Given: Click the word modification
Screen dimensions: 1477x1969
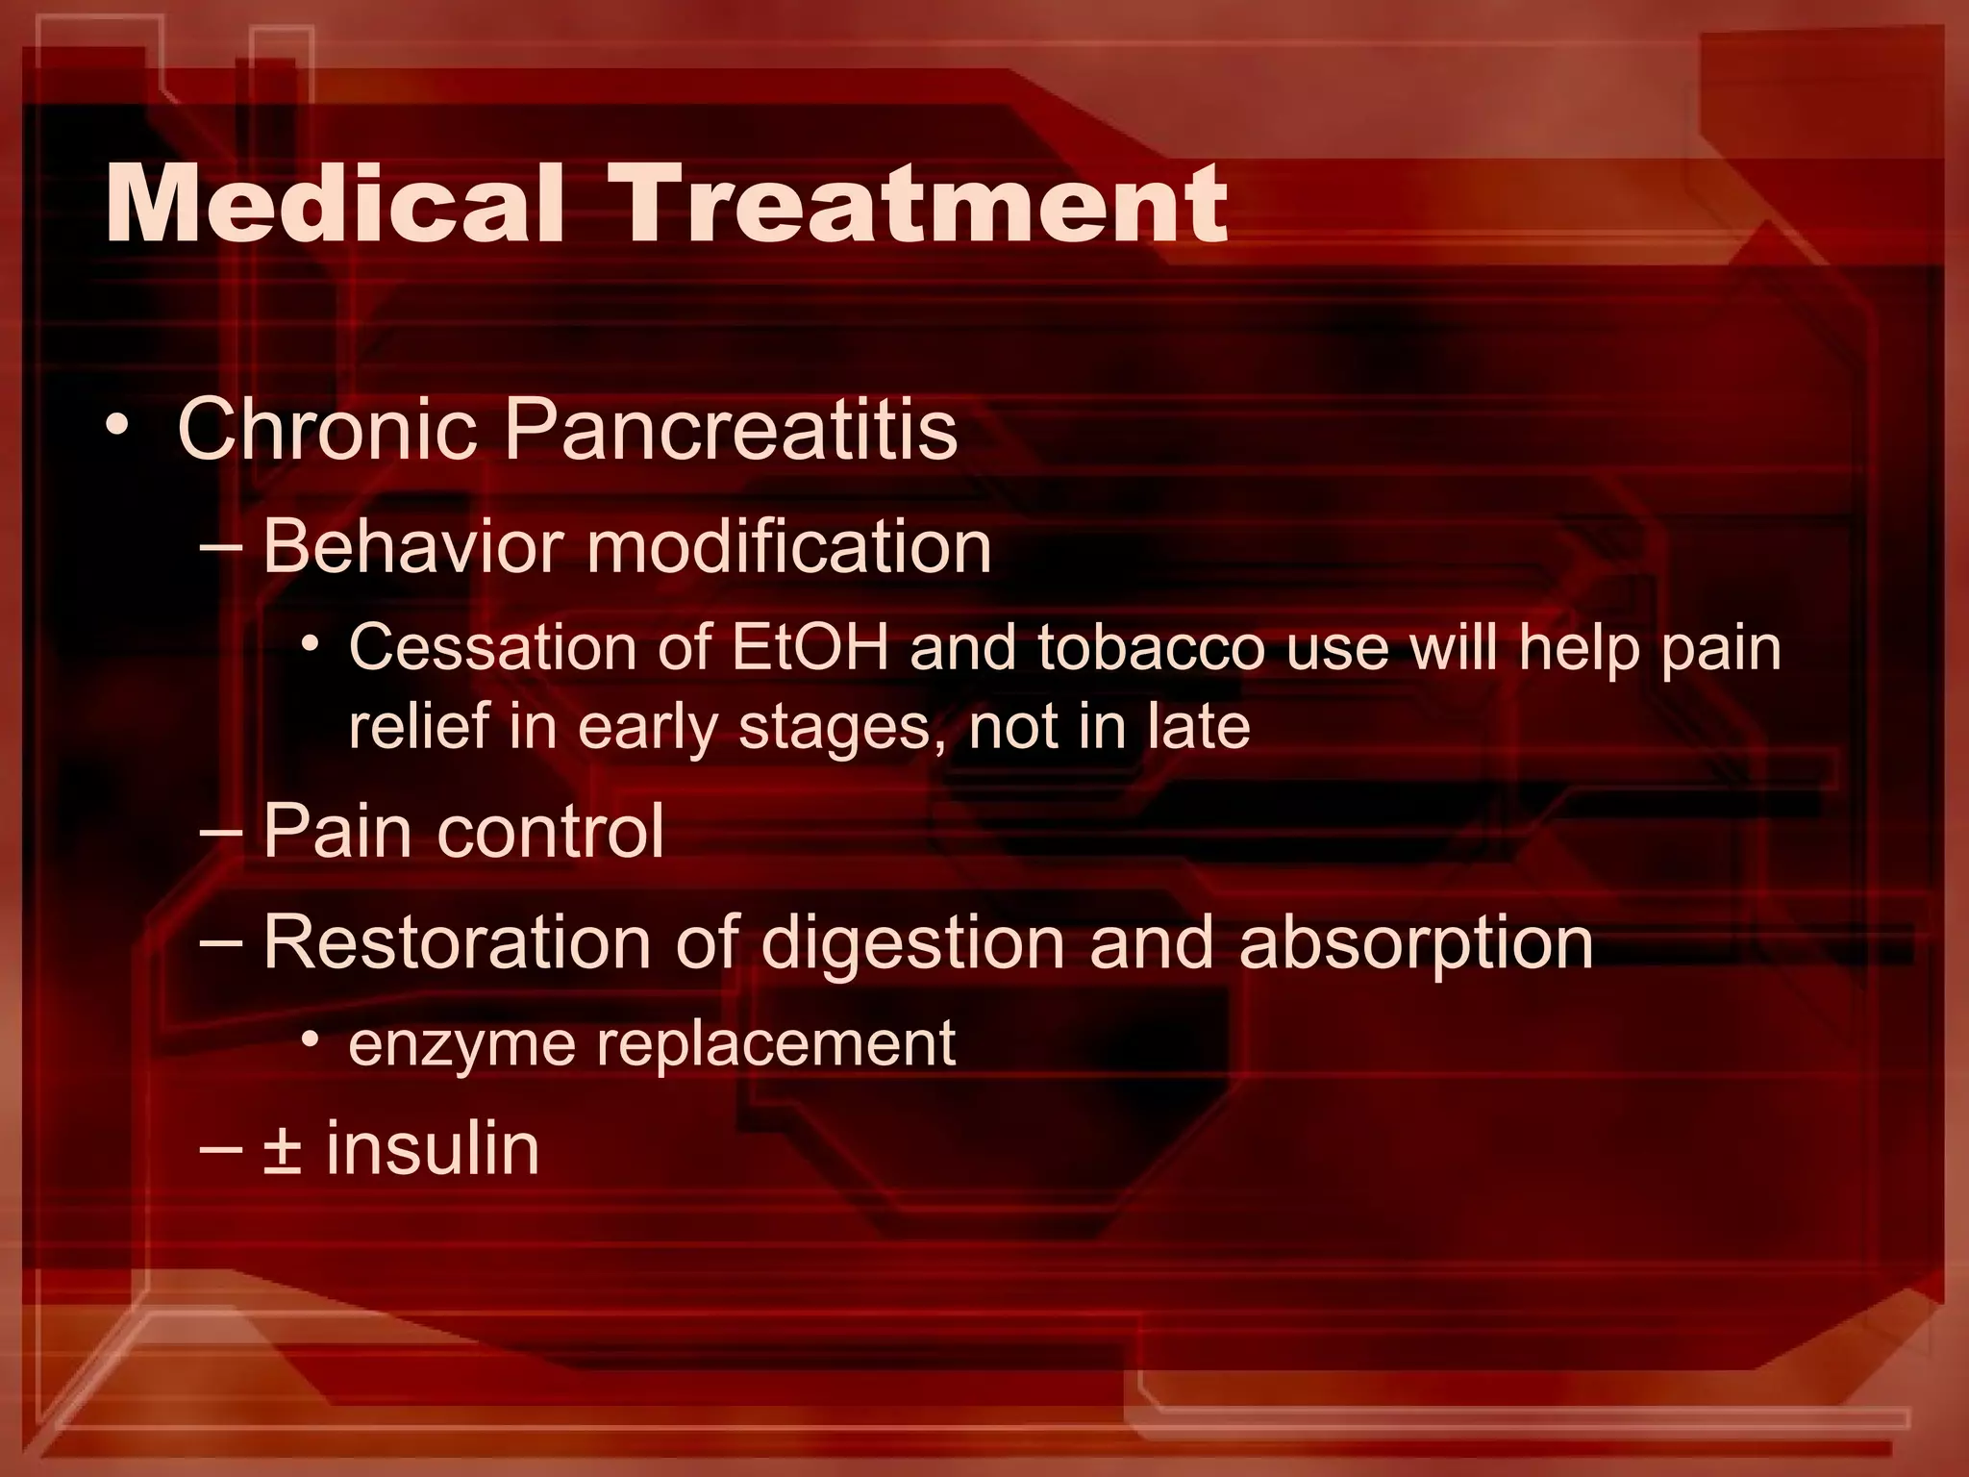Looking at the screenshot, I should tap(789, 546).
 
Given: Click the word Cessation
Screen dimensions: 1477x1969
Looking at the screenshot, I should tap(491, 647).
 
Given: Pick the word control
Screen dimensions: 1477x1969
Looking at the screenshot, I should tap(551, 831).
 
